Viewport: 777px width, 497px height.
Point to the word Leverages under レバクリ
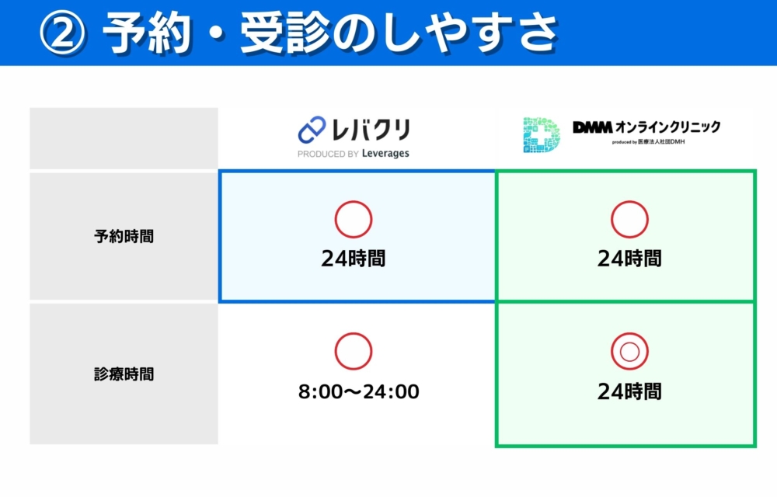pyautogui.click(x=385, y=154)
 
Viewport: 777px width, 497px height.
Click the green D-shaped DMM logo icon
pyautogui.click(x=541, y=134)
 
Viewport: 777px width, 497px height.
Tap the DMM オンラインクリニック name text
pyautogui.click(x=646, y=127)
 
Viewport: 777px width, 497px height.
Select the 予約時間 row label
pyautogui.click(x=124, y=236)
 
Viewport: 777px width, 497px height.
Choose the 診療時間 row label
pyautogui.click(x=124, y=374)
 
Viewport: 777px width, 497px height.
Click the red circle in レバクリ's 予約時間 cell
pyautogui.click(x=354, y=220)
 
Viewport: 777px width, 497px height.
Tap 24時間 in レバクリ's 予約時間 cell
pyautogui.click(x=354, y=259)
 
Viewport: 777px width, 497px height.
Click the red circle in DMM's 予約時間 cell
pyautogui.click(x=629, y=220)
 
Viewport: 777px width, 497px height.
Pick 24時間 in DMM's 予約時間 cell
pyautogui.click(x=629, y=259)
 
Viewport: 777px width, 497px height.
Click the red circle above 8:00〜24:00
pyautogui.click(x=354, y=352)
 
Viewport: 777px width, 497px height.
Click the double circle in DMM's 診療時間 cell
pyautogui.click(x=629, y=352)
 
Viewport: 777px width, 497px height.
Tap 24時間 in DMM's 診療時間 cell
pyautogui.click(x=629, y=391)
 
